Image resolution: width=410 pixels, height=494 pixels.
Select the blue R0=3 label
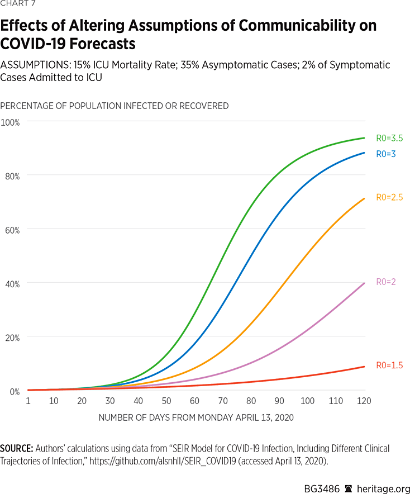coord(384,154)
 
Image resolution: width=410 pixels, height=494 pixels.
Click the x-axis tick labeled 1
coord(27,401)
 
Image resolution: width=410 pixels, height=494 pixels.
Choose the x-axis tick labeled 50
coord(166,401)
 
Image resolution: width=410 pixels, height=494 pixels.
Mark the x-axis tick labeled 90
coord(279,401)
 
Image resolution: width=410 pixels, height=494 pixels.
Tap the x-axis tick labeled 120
coord(364,401)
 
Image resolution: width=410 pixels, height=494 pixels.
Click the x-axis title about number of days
coord(196,417)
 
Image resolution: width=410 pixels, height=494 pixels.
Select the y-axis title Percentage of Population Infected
coord(114,106)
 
